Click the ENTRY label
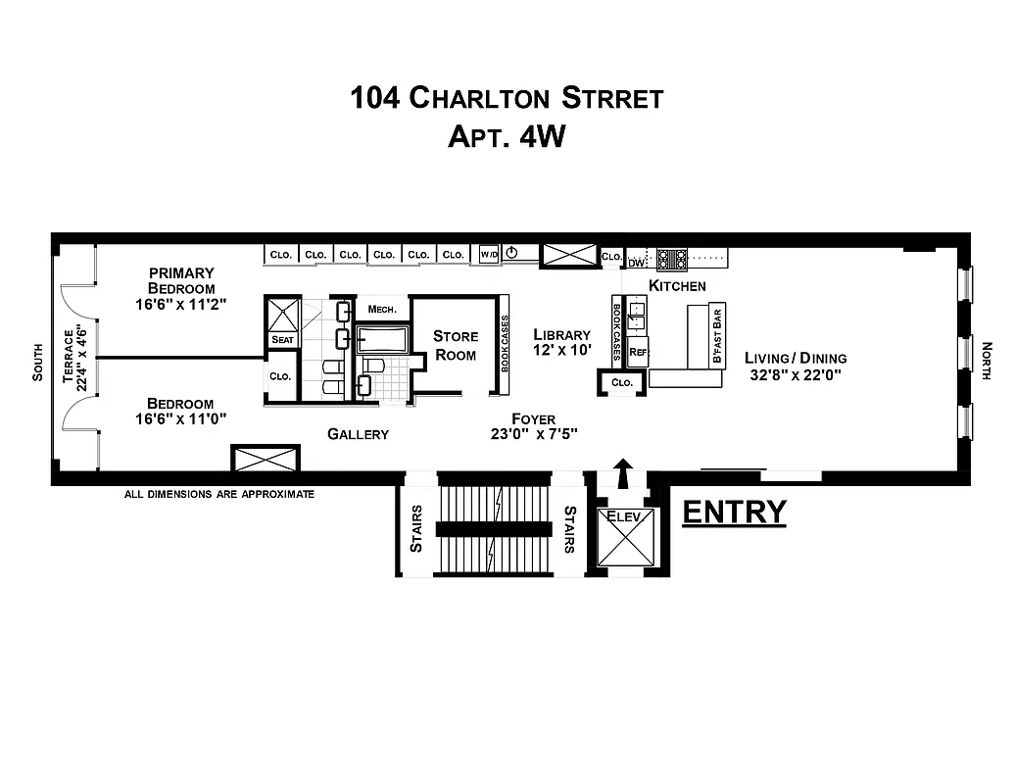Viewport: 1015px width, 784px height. (734, 513)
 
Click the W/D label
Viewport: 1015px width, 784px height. (489, 255)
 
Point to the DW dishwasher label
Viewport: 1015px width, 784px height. (636, 263)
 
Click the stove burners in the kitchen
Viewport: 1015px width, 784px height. (671, 258)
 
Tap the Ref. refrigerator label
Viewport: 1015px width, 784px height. (638, 351)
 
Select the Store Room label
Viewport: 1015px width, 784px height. (456, 345)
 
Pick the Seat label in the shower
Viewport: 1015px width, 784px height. (282, 340)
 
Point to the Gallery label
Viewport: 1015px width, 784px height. (358, 434)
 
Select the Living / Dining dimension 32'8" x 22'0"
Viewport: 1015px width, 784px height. (795, 373)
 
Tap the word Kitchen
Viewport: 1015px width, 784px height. (677, 286)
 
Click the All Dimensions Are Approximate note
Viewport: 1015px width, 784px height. (219, 494)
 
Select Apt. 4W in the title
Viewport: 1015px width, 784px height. (507, 135)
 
